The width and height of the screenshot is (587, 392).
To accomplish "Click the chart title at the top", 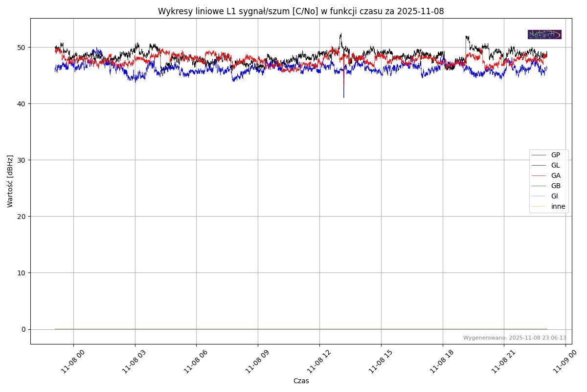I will [301, 11].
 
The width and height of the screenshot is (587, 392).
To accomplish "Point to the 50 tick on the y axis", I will [22, 48].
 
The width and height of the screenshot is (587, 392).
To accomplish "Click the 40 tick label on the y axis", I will [22, 104].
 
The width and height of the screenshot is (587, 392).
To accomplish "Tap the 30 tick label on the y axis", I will [22, 160].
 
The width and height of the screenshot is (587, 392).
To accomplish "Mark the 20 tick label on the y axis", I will [22, 217].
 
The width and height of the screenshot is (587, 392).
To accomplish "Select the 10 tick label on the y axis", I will [22, 273].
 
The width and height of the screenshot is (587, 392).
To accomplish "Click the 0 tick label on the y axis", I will [24, 329].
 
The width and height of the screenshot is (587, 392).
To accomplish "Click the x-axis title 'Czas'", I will [301, 381].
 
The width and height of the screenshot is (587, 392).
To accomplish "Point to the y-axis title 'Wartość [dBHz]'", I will [10, 181].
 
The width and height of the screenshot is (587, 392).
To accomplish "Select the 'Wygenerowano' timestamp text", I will [515, 338].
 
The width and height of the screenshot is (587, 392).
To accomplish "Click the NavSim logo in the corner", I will [544, 35].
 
